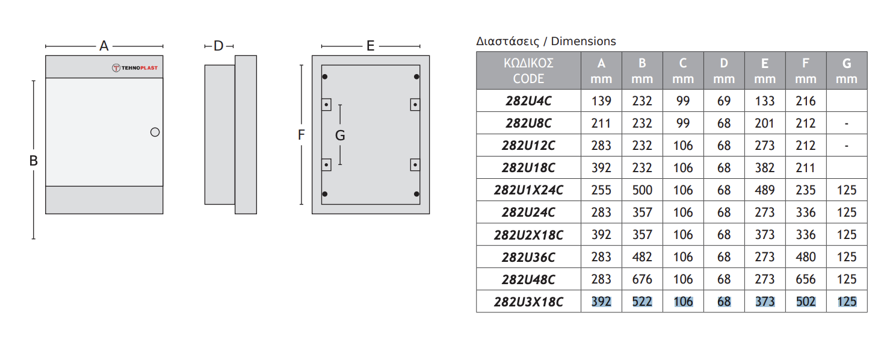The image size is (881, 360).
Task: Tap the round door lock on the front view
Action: pyautogui.click(x=155, y=132)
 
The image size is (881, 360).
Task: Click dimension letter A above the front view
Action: pyautogui.click(x=104, y=46)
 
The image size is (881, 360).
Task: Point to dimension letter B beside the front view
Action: pyautogui.click(x=34, y=161)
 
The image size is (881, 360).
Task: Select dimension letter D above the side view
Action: pyautogui.click(x=218, y=46)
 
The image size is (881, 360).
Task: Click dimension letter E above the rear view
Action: pyautogui.click(x=370, y=46)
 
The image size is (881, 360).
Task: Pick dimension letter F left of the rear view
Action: pyautogui.click(x=301, y=135)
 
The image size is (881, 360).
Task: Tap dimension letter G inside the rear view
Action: pyautogui.click(x=340, y=135)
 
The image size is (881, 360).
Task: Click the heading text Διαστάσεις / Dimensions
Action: pyautogui.click(x=546, y=42)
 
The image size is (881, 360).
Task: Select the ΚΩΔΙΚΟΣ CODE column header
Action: pyautogui.click(x=528, y=70)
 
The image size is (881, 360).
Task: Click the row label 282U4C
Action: pyautogui.click(x=528, y=101)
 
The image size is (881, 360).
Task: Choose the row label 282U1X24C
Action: pyautogui.click(x=528, y=190)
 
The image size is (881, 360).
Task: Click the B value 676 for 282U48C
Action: pyautogui.click(x=642, y=279)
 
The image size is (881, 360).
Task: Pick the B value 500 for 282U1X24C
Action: pyautogui.click(x=642, y=190)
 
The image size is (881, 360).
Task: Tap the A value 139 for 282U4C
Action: pyautogui.click(x=601, y=101)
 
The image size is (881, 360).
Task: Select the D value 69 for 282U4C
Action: pyautogui.click(x=724, y=101)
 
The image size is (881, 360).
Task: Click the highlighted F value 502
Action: pyautogui.click(x=806, y=302)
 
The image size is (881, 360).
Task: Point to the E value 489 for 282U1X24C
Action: pyautogui.click(x=765, y=190)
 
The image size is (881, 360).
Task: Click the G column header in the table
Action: pyautogui.click(x=847, y=70)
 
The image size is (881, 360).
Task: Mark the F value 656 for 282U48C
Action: pyautogui.click(x=806, y=279)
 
